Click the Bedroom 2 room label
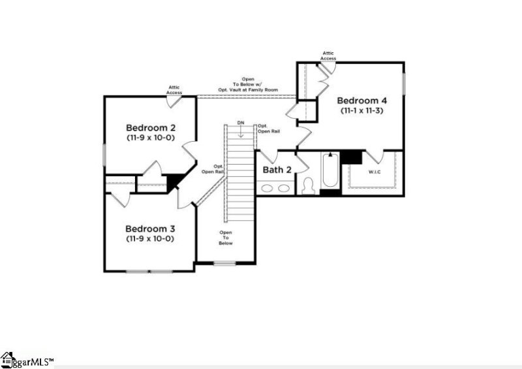tap(150, 127)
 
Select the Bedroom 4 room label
tap(362, 101)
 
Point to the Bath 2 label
tap(277, 170)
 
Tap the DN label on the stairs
tap(241, 123)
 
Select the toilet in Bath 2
tap(309, 185)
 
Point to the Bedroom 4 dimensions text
tap(362, 111)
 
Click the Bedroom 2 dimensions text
tap(150, 138)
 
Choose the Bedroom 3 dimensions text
tap(150, 239)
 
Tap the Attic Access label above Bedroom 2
tap(174, 90)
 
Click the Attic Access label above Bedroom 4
tap(328, 56)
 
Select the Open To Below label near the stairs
tap(226, 238)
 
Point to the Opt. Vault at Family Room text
tap(249, 89)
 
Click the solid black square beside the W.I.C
tap(352, 157)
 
